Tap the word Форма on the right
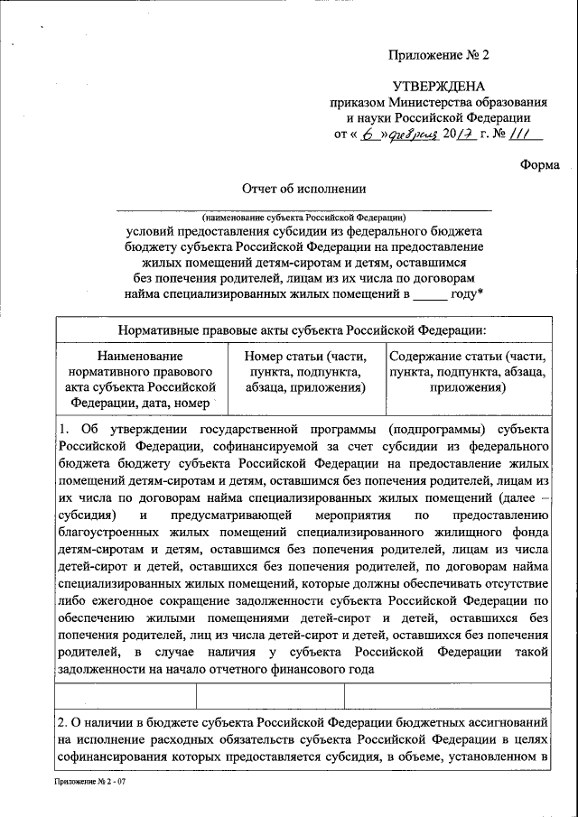click(x=540, y=164)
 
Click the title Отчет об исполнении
click(x=303, y=189)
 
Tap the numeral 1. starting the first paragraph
click(x=64, y=429)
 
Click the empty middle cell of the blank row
click(x=271, y=696)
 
